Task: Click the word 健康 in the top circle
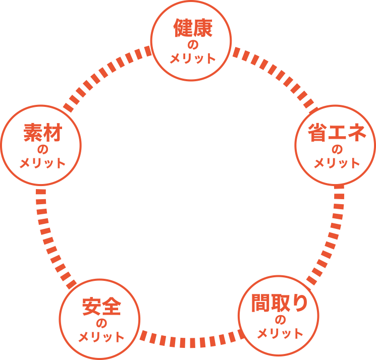[x=192, y=29]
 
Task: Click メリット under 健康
[x=192, y=58]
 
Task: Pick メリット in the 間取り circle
[x=280, y=333]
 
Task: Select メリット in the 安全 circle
[x=101, y=336]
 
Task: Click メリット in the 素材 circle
[x=42, y=163]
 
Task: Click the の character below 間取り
[x=280, y=320]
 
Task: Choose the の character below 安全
[x=101, y=323]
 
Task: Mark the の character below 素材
[x=42, y=150]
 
